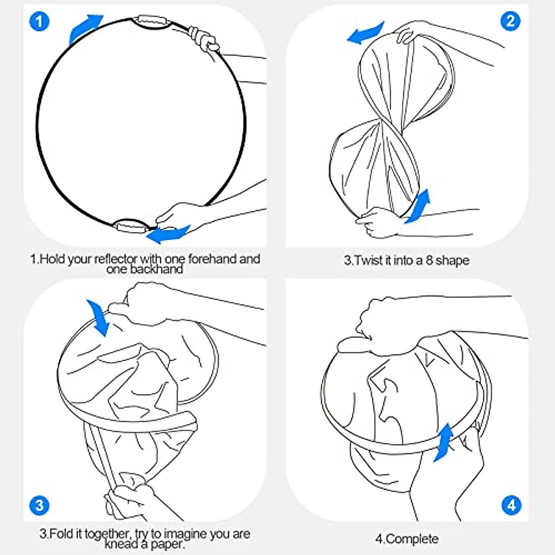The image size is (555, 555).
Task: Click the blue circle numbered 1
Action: [x=39, y=21]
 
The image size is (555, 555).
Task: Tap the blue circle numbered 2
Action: [x=510, y=21]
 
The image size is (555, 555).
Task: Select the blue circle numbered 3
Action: [x=39, y=506]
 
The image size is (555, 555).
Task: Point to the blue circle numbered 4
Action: [x=511, y=506]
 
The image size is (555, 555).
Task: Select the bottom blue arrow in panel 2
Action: [x=418, y=207]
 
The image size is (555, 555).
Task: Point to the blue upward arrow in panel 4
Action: [x=444, y=442]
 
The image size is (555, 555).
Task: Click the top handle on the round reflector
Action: [x=152, y=22]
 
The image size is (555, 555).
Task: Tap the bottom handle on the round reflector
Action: [x=131, y=226]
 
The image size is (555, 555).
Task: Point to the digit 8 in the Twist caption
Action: [x=429, y=260]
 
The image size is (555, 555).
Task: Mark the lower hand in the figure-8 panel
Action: [x=377, y=222]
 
